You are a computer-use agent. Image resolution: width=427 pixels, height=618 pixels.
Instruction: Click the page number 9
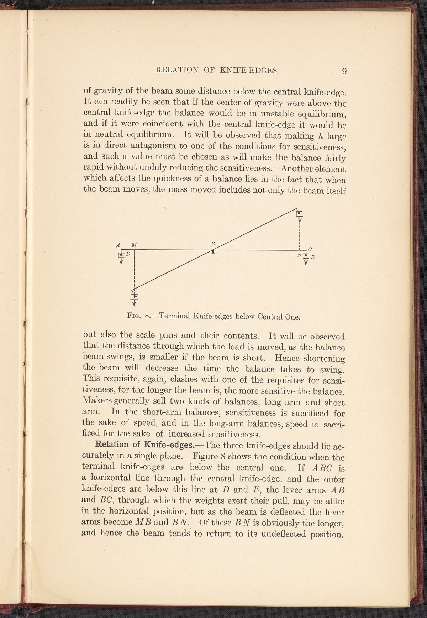(344, 71)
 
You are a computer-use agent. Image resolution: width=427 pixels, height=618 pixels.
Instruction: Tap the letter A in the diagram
(118, 245)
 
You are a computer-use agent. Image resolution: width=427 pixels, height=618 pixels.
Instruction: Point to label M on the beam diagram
(134, 245)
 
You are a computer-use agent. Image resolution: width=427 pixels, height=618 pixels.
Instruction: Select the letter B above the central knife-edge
(213, 244)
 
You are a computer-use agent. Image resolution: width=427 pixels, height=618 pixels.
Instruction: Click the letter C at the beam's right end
(310, 249)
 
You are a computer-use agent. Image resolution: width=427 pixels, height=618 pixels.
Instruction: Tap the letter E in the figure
(312, 257)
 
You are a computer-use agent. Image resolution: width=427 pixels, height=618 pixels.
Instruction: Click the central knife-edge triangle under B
(213, 251)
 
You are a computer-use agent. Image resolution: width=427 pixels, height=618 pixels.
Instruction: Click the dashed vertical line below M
(134, 269)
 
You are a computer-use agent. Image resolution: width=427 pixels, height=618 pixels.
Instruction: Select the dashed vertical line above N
(300, 233)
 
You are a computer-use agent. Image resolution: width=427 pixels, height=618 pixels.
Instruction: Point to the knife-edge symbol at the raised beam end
(300, 213)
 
